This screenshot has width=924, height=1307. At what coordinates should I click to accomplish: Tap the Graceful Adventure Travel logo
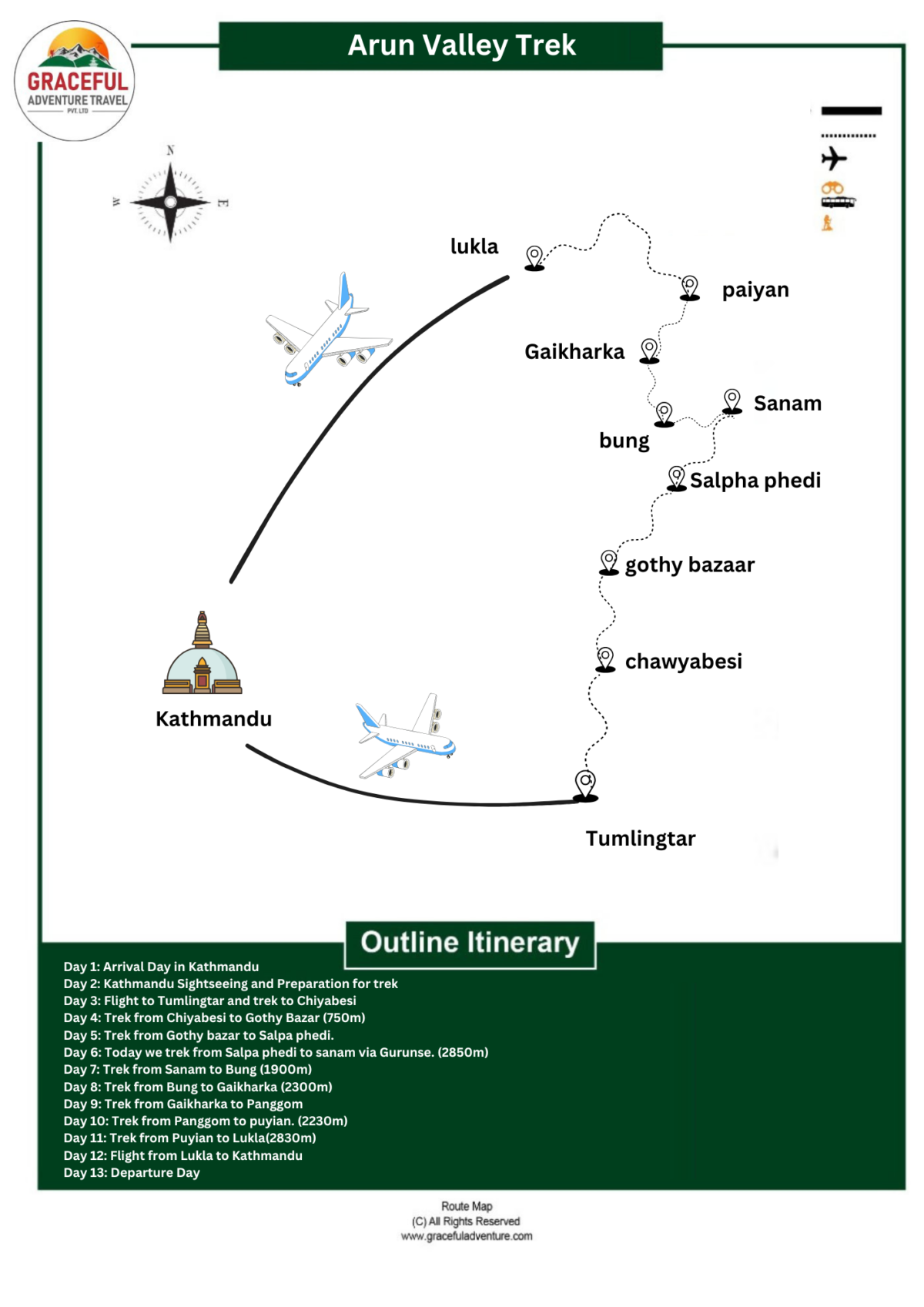tap(75, 81)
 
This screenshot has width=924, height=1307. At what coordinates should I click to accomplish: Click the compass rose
tap(170, 202)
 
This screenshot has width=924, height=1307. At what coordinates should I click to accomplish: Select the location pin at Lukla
tap(534, 257)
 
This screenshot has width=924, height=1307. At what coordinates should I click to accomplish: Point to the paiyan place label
tap(755, 290)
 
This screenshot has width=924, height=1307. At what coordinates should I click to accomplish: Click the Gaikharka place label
tap(574, 352)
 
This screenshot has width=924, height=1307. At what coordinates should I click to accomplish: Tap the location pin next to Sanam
tap(731, 401)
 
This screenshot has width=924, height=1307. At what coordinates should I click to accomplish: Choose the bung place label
tap(624, 441)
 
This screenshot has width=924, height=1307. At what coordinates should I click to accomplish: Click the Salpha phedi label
tap(755, 481)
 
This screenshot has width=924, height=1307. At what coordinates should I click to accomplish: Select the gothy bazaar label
tap(690, 565)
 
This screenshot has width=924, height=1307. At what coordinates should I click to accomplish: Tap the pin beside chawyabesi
tap(606, 659)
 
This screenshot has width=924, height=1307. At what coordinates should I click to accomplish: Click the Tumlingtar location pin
tap(585, 785)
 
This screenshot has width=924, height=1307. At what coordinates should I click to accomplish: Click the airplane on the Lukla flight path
tap(329, 333)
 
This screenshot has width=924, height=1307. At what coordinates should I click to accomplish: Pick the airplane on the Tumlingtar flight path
tap(406, 737)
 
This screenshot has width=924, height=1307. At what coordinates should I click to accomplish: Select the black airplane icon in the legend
tap(833, 159)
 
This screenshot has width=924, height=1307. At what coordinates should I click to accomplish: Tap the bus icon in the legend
tap(838, 202)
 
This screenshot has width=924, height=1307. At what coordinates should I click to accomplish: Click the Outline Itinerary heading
tap(470, 943)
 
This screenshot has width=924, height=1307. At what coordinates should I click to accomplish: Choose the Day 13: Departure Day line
tap(132, 1172)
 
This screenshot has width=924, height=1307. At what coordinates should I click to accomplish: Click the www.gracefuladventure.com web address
tap(467, 1236)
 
